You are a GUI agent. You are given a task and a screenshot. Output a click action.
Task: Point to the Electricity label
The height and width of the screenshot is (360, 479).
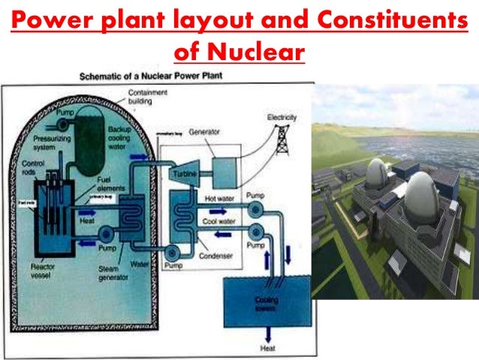click(x=282, y=118)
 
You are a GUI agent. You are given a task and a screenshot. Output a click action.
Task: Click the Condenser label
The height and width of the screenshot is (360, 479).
click(x=216, y=256)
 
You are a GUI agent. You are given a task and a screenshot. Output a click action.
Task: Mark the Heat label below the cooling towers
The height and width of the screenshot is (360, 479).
click(x=267, y=348)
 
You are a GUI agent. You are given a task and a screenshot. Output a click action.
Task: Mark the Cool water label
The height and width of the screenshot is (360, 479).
click(x=220, y=222)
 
